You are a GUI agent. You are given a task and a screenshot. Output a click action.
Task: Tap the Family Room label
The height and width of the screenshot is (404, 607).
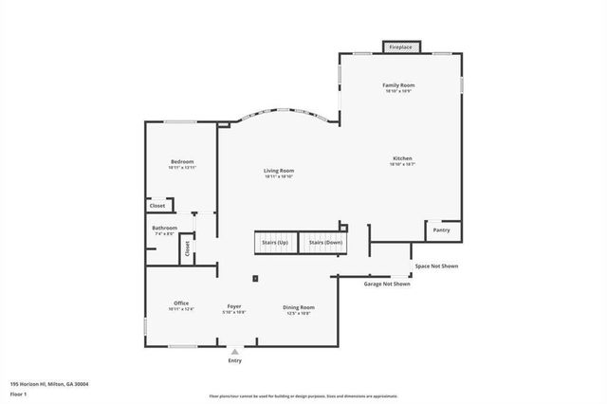pyautogui.click(x=398, y=85)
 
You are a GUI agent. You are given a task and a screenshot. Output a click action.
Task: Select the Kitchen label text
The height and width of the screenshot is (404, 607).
pyautogui.click(x=402, y=157)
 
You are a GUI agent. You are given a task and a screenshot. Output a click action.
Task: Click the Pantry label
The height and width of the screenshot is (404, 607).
pyautogui.click(x=441, y=230)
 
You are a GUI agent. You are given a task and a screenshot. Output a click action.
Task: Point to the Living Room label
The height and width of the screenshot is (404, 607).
pyautogui.click(x=279, y=171)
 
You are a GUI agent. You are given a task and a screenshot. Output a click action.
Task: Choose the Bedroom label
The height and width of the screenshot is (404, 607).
pyautogui.click(x=182, y=162)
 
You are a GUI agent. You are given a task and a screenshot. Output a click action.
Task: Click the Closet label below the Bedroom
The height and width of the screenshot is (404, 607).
pyautogui.click(x=157, y=206)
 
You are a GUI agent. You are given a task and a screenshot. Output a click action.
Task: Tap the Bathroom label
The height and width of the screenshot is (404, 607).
pyautogui.click(x=165, y=228)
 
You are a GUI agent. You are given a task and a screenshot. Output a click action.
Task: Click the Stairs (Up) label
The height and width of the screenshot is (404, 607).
pyautogui.click(x=275, y=243)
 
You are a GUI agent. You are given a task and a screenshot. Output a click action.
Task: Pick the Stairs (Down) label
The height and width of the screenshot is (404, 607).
pyautogui.click(x=325, y=243)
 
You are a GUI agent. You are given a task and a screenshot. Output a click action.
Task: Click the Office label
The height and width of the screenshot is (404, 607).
pyautogui.click(x=181, y=303)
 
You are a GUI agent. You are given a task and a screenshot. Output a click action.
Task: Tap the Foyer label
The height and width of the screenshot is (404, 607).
pyautogui.click(x=234, y=307)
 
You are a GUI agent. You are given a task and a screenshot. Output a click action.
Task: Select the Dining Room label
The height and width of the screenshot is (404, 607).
pyautogui.click(x=299, y=307)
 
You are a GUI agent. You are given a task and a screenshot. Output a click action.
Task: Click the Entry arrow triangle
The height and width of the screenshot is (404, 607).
pyautogui.click(x=235, y=351)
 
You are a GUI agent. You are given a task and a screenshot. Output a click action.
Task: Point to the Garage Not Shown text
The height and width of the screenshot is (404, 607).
pyautogui.click(x=387, y=284)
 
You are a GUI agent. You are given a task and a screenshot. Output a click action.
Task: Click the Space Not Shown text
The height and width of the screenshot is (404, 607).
pyautogui.click(x=436, y=266)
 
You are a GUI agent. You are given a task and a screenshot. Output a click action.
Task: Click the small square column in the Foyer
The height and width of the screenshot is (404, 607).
pyautogui.click(x=256, y=278)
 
